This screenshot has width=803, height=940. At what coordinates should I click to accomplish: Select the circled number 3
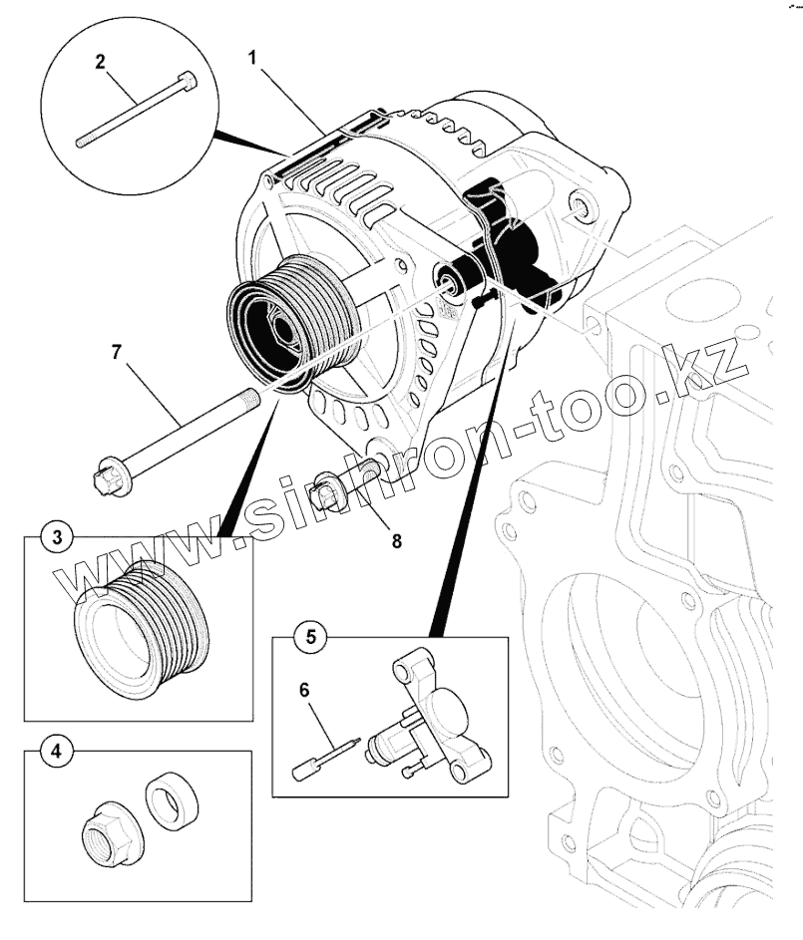[x=56, y=537]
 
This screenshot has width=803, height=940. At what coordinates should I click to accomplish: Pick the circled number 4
[x=56, y=751]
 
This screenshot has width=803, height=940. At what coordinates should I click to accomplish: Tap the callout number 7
[x=117, y=353]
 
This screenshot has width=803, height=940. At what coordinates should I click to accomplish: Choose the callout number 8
[x=396, y=541]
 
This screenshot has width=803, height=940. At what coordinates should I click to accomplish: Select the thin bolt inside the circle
[x=135, y=110]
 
